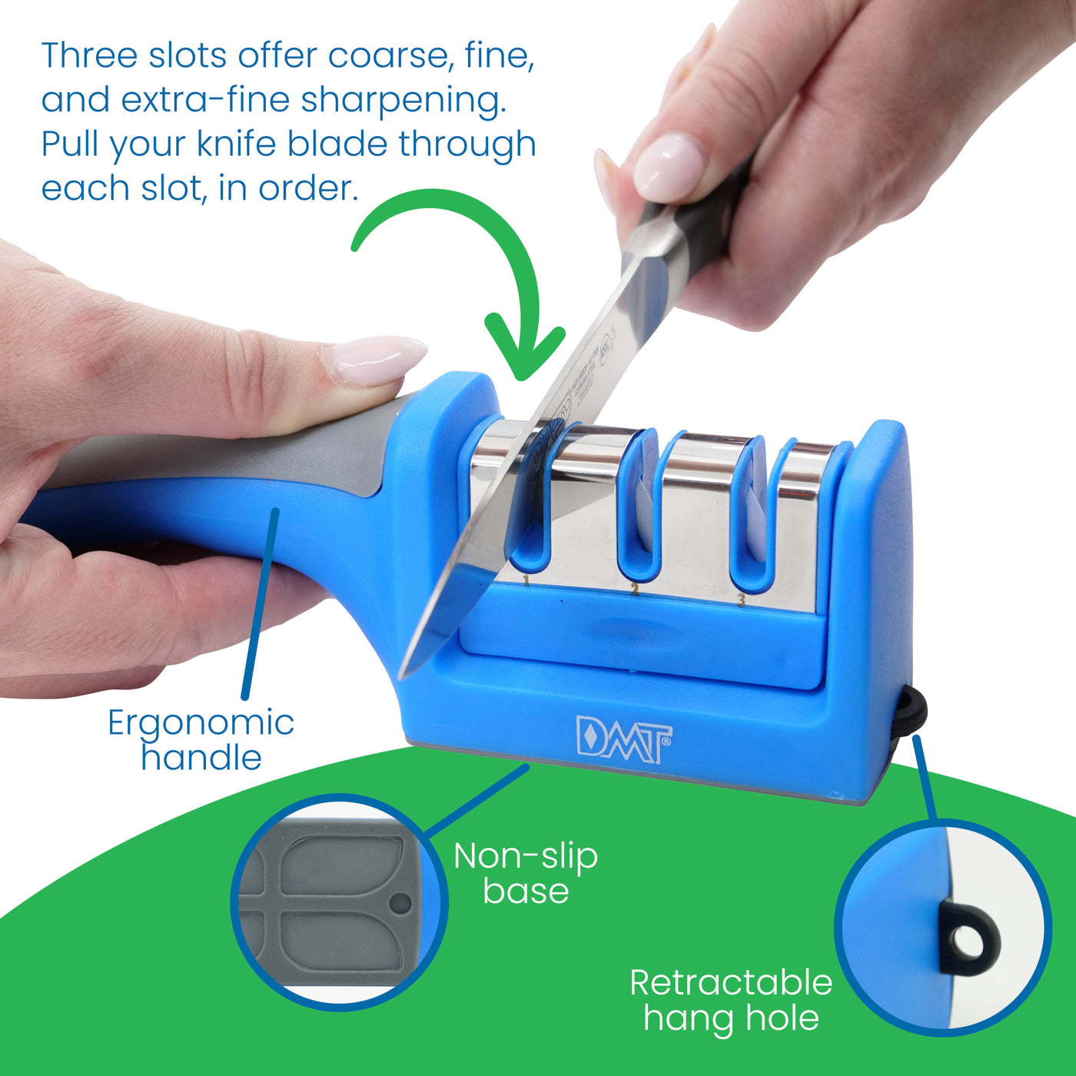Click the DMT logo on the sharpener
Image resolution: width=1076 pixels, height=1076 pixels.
(623, 739)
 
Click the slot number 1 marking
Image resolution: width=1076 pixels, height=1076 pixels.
(526, 580)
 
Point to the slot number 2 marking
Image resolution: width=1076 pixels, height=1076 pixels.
(635, 589)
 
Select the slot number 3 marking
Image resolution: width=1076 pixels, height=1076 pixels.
(741, 599)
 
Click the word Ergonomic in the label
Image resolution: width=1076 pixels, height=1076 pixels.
(201, 722)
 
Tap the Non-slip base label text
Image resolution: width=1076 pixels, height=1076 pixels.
(526, 873)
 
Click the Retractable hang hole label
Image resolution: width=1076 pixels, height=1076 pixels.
(731, 1000)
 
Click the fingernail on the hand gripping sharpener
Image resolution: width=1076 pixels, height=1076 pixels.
(377, 358)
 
